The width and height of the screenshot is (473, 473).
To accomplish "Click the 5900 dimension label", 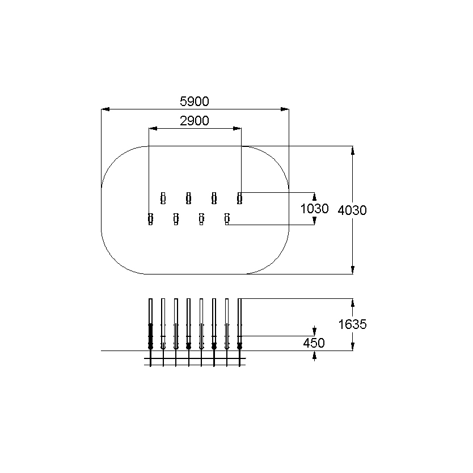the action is coord(195,102).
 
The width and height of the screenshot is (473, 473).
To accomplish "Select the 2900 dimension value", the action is coord(195,121).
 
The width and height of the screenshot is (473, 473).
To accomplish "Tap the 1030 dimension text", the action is coord(314,209).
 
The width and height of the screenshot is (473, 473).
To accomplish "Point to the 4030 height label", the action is coord(352,210).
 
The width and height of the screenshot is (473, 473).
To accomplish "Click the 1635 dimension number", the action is coord(352,324).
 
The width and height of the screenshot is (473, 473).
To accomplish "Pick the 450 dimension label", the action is coord(314,343).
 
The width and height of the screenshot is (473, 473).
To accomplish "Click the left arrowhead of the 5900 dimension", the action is coord(105,109).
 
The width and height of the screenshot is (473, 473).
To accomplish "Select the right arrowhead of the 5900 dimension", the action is coord(285,109).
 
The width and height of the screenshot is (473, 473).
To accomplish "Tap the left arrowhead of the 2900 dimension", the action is coord(153,129).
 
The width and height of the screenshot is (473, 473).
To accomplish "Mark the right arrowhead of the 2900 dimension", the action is coord(237,129).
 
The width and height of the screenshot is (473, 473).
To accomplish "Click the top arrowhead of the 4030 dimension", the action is coord(353,150).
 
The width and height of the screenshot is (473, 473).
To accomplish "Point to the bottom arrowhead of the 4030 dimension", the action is coord(353,270).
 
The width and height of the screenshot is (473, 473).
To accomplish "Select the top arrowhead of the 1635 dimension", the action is coord(353,302).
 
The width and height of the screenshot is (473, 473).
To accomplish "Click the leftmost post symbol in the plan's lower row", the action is coord(150,219).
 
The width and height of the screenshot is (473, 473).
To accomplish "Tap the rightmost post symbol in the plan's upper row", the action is coord(239,198).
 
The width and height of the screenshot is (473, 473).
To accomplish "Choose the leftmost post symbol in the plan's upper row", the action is coord(163,198).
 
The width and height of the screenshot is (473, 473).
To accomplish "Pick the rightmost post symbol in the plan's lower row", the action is coord(227,219).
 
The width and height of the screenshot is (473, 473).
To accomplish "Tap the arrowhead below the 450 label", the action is coord(314,357).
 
